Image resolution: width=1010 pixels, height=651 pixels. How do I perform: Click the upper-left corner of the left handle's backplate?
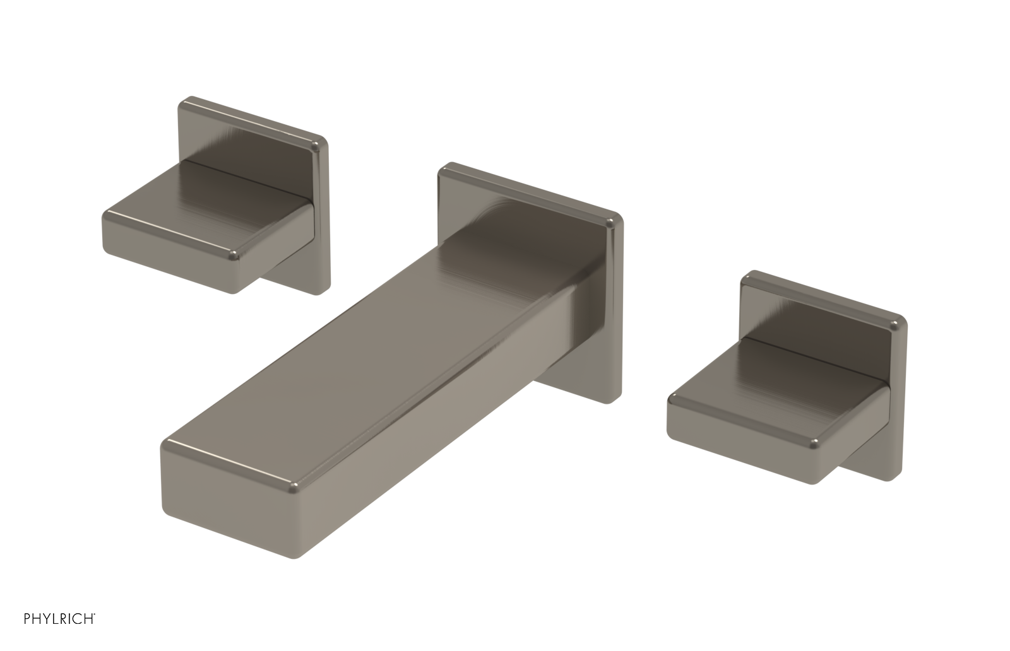184,102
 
